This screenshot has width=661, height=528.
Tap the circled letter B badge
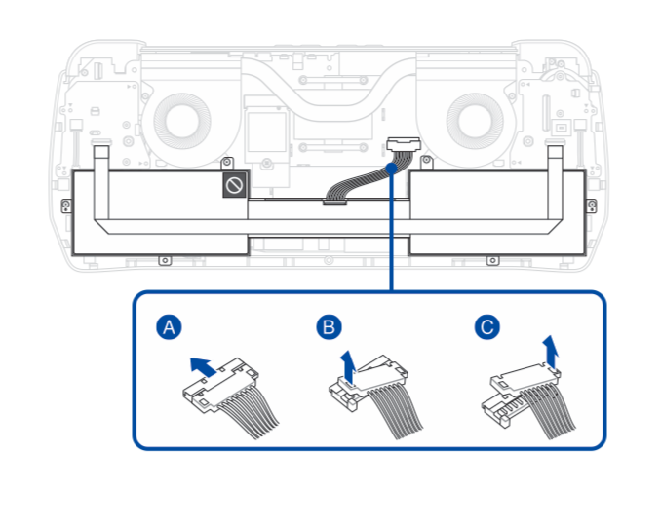tap(329, 327)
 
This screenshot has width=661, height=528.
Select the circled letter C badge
tap(486, 327)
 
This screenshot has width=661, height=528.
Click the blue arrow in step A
tap(203, 365)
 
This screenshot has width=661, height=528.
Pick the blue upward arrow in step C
tap(553, 349)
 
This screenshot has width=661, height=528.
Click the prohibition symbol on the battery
tap(234, 184)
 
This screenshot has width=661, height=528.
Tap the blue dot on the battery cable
tap(391, 167)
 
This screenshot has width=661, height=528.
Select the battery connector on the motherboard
tap(400, 145)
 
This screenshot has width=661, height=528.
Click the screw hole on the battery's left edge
tap(64, 204)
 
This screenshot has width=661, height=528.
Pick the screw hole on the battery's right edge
tap(593, 204)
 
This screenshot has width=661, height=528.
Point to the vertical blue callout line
tap(391, 234)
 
